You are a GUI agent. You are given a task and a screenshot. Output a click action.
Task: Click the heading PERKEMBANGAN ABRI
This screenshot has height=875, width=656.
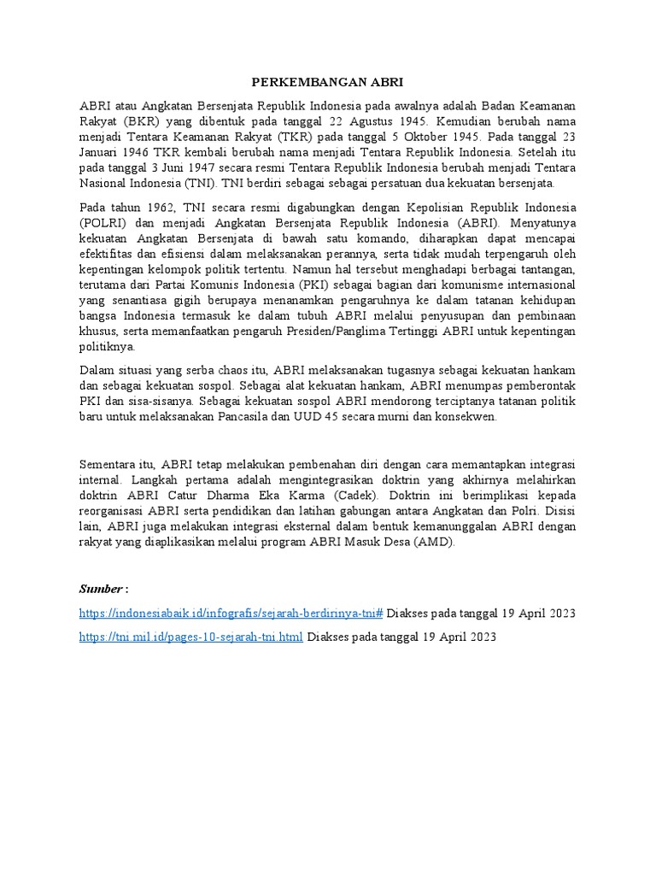click(328, 83)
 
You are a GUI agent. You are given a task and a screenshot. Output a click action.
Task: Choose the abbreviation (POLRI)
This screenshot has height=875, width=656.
click(102, 223)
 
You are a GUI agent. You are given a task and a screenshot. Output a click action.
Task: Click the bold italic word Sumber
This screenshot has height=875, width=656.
click(101, 590)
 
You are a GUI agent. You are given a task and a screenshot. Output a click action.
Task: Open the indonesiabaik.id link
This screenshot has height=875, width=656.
click(231, 614)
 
